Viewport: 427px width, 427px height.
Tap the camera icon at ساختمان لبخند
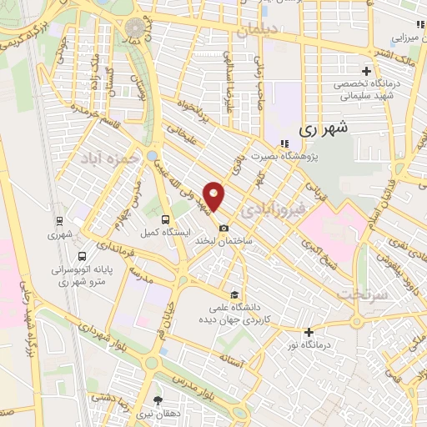click(222, 229)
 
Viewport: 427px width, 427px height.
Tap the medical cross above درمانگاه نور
click(308, 332)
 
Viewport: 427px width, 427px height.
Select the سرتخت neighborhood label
click(359, 295)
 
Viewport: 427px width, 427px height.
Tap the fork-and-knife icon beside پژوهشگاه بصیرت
click(285, 143)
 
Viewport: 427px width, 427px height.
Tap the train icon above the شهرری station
click(59, 221)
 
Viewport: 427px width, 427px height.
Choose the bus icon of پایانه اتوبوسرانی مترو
click(82, 257)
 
